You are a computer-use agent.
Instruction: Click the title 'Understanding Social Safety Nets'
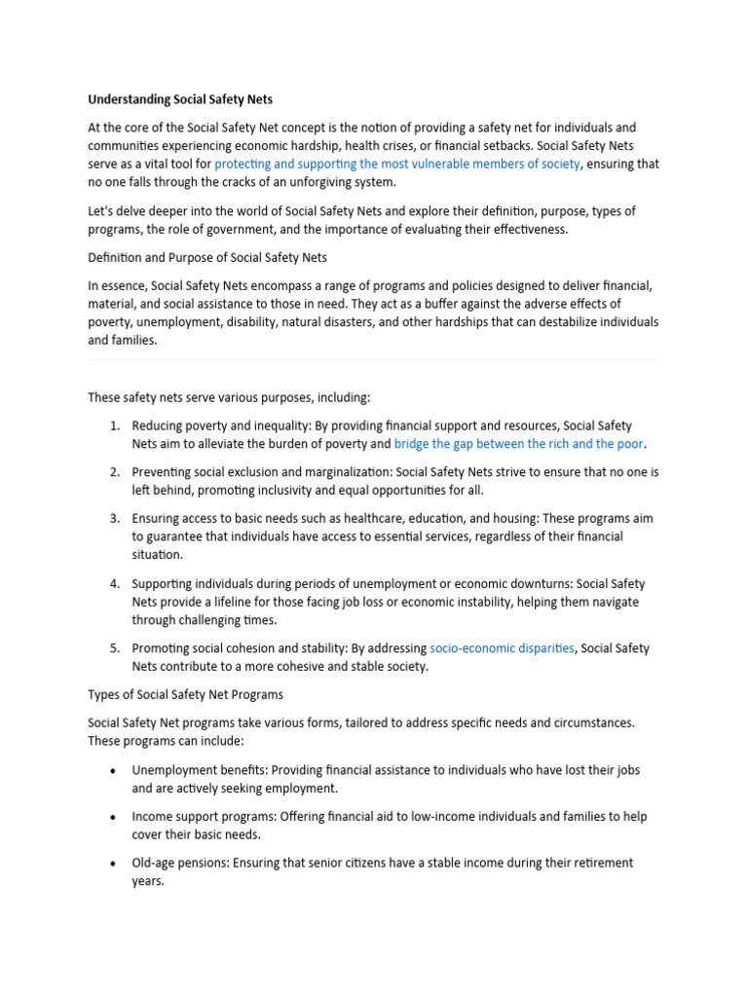(182, 99)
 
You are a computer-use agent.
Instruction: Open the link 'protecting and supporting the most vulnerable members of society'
(397, 165)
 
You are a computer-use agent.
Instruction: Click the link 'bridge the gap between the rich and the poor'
(519, 444)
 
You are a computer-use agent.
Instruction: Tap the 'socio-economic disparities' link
(502, 648)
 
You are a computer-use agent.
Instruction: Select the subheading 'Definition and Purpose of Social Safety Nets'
(207, 258)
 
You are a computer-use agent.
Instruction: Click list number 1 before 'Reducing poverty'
(114, 426)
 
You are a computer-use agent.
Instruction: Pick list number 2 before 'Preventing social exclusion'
(114, 472)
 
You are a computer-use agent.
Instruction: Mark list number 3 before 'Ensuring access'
(114, 519)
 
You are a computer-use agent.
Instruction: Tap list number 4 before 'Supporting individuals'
(114, 584)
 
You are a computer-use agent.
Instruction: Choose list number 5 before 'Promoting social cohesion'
(114, 648)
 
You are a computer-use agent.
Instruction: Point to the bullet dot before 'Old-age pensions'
(114, 864)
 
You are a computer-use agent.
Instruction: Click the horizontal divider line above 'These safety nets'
(374, 360)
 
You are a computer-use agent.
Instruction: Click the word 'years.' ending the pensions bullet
(148, 881)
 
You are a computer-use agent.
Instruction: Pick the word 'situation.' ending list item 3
(157, 555)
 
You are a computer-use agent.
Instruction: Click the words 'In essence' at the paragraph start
(115, 285)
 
